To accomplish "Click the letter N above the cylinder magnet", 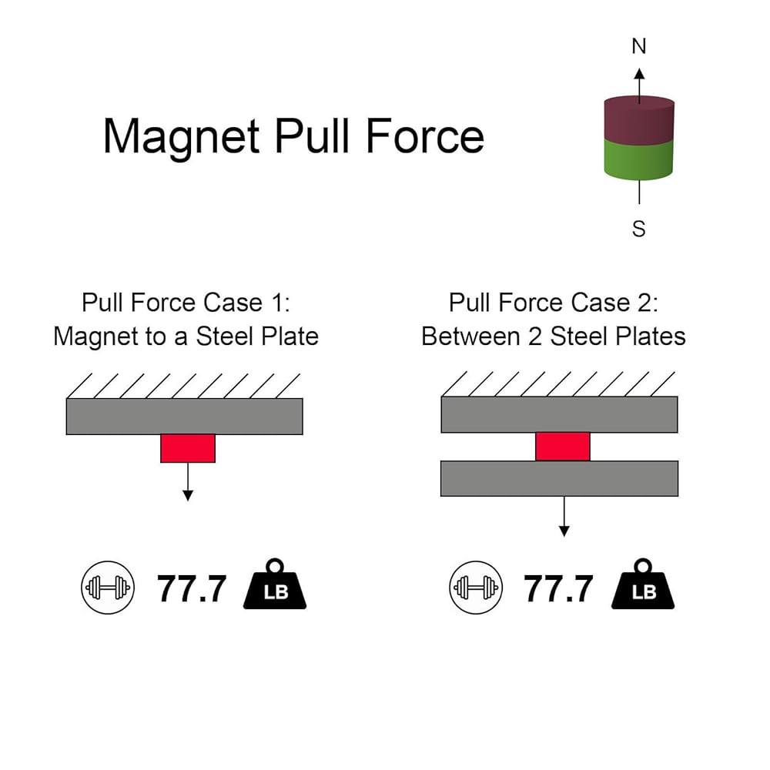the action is (x=639, y=46).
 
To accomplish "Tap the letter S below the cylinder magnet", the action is (x=639, y=229).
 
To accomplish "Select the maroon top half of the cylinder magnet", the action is (x=639, y=120).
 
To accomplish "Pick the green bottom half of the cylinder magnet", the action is (x=638, y=159).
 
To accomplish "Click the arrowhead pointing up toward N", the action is (x=639, y=74).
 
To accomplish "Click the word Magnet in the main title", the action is (x=181, y=137).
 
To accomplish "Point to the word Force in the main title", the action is (x=425, y=136).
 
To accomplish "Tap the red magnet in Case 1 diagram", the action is (x=188, y=448).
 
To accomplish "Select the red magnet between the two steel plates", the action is (x=563, y=447).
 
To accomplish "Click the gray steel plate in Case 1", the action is (x=185, y=417).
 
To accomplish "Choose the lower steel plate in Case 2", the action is (x=559, y=478).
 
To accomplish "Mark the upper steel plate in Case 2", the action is (x=559, y=414).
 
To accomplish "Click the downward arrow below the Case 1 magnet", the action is (x=188, y=482).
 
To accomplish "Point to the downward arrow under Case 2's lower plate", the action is (x=564, y=516).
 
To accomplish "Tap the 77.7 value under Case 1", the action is (x=192, y=589).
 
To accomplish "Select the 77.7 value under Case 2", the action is (x=558, y=589).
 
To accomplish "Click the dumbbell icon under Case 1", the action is (x=108, y=588).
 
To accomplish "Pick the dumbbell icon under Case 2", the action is (x=476, y=588).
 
